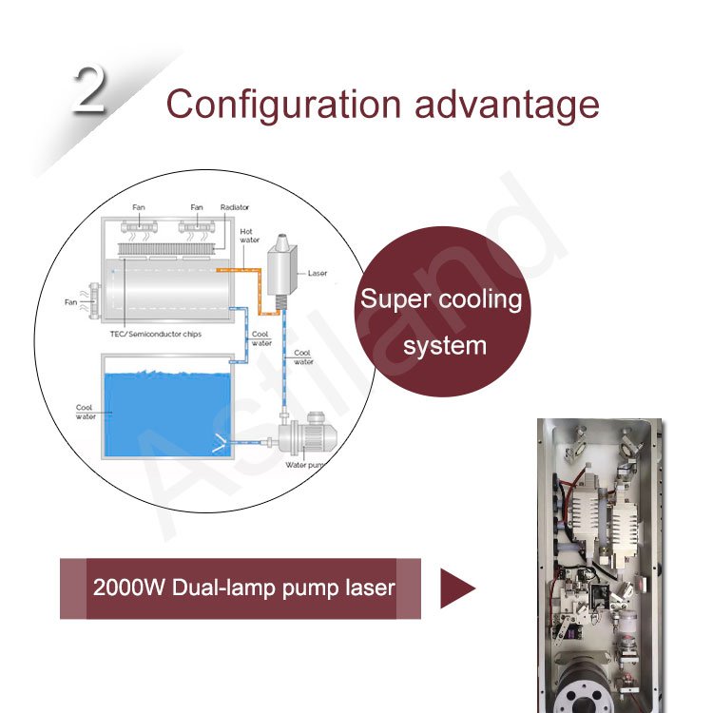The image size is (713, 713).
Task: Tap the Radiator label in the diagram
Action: pos(235,207)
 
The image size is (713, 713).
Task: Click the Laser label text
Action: pos(318,273)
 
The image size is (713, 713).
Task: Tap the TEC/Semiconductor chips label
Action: pos(155,335)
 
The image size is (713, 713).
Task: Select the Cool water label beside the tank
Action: pos(85,412)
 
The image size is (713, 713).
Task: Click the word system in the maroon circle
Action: pos(444,344)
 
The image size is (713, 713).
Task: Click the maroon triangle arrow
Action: pos(456,588)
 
